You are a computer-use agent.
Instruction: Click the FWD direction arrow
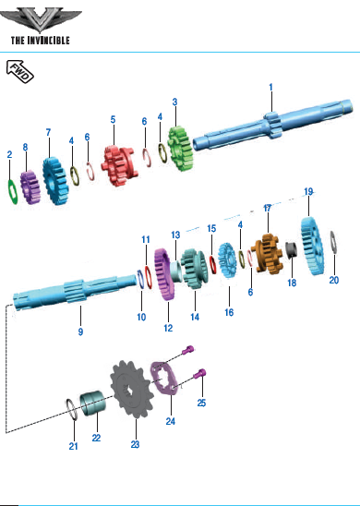pos(20,71)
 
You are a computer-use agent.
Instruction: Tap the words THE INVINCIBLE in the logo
pos(41,41)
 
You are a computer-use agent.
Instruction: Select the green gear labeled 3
pos(180,149)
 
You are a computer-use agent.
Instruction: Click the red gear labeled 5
pos(120,165)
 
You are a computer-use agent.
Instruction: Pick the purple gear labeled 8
pos(30,187)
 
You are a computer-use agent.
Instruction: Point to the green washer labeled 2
pos(13,192)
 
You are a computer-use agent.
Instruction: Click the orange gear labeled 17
pos(267,254)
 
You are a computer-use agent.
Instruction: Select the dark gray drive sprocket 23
pos(130,389)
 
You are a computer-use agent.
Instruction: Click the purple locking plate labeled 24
pos(165,379)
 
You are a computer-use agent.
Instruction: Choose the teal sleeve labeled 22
pos(92,404)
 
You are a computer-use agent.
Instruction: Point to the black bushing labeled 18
pos(292,250)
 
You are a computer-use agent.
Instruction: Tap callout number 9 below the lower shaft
pos(80,331)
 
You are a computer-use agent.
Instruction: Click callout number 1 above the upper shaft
pos(271,87)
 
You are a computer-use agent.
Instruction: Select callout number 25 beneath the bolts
pos(201,403)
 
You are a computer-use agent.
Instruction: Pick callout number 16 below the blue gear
pos(229,312)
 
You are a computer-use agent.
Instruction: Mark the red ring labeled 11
pos(148,278)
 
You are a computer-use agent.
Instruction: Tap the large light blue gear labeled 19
pos(312,247)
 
